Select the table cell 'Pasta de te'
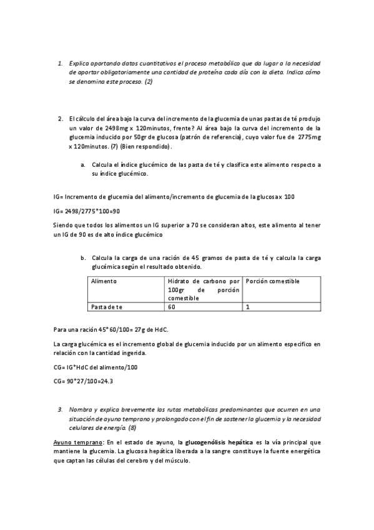(107, 307)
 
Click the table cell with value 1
(248, 307)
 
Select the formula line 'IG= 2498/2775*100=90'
(87, 212)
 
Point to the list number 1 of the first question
(60, 63)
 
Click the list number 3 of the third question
(60, 409)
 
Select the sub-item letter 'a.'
(83, 164)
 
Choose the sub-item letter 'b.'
(83, 257)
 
